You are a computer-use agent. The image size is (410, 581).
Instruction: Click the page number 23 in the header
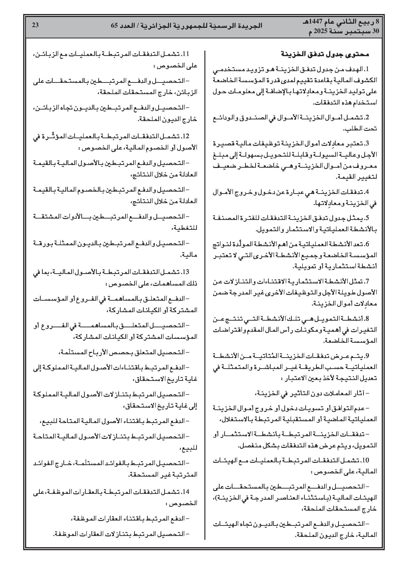[35, 25]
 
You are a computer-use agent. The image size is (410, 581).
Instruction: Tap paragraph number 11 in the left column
[186, 54]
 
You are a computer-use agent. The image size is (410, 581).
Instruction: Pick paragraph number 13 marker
[186, 272]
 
